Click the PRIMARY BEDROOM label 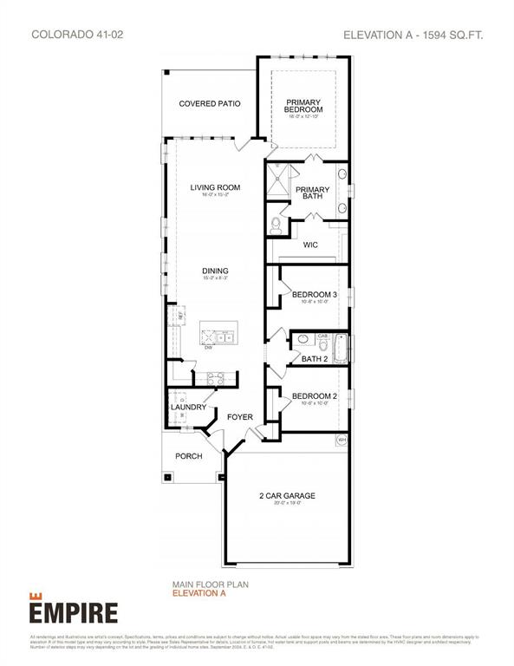304,106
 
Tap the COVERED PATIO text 209,104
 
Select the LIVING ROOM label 215,187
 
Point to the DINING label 215,271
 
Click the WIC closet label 310,245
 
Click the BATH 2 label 313,358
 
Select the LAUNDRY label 188,407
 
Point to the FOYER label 240,417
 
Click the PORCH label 189,456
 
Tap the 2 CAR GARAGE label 286,496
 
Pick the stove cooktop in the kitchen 214,378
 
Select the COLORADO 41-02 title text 71,35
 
